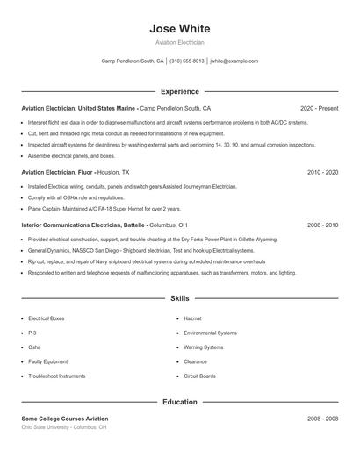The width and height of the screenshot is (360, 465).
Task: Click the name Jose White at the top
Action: pos(179,29)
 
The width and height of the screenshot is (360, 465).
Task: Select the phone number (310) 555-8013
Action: pos(187,61)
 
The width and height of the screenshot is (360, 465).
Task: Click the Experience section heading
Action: pos(179,91)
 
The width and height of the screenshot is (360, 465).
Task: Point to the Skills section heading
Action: pos(179,299)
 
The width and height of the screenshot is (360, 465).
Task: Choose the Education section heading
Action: pos(179,402)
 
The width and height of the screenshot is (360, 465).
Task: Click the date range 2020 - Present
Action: pos(319,108)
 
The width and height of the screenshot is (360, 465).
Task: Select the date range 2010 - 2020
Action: pos(322,173)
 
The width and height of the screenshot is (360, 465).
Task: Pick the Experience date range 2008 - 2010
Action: pos(322,225)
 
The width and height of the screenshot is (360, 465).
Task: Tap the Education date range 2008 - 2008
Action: pos(322,418)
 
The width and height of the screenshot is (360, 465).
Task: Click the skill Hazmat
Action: pos(193,318)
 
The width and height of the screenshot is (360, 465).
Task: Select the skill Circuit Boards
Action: pos(199,376)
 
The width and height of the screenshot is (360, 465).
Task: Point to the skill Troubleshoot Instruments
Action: pos(57,376)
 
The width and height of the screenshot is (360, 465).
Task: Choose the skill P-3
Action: pos(32,333)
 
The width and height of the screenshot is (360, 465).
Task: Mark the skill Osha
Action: pos(35,347)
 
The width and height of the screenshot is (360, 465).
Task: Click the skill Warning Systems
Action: pos(204,347)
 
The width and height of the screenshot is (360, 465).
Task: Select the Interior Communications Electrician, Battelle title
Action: pos(83,225)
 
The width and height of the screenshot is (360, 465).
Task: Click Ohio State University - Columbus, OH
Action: pos(64,427)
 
